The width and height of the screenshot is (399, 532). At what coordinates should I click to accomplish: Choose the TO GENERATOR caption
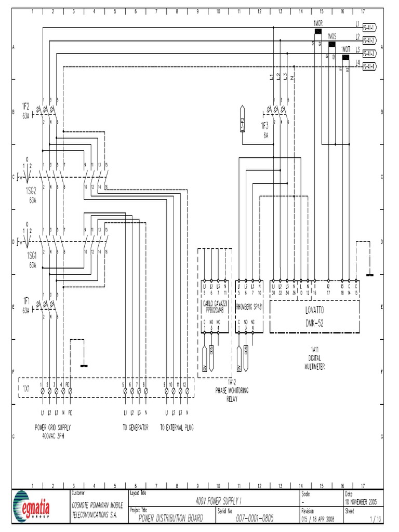(136, 428)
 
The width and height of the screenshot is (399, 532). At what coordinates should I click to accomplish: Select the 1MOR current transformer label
(318, 24)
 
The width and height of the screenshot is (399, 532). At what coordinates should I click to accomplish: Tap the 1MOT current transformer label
(345, 49)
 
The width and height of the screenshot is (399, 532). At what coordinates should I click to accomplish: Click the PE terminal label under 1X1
(69, 414)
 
